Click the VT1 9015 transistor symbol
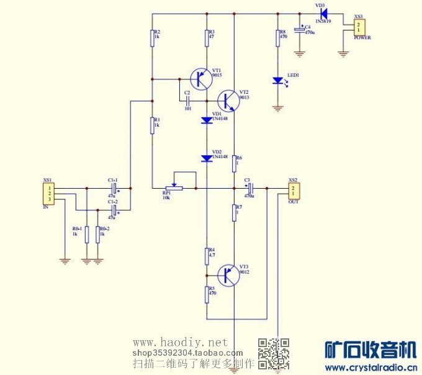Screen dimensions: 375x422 [200, 79]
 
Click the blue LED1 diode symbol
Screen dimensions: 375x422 [278, 81]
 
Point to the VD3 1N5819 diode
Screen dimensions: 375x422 [323, 14]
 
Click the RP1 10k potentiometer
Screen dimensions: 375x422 [174, 187]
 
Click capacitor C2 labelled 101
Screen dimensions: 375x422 [187, 99]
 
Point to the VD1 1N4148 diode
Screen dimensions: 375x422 [207, 120]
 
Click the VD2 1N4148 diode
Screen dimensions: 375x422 [207, 158]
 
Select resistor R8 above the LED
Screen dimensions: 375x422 [277, 38]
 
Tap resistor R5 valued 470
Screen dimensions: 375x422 [207, 294]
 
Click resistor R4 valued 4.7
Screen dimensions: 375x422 [207, 255]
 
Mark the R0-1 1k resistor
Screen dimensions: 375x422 [86, 234]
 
